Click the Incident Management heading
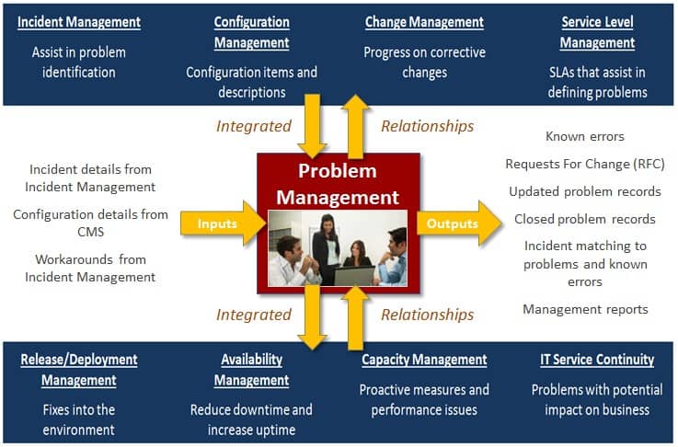click(x=79, y=22)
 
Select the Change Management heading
click(x=424, y=22)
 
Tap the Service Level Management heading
click(x=597, y=32)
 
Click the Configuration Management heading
click(x=252, y=32)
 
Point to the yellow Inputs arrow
click(x=224, y=223)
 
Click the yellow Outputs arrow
click(x=459, y=223)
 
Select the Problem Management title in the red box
click(x=338, y=184)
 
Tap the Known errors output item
click(x=584, y=137)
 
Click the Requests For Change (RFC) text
click(x=584, y=165)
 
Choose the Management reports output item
click(x=585, y=310)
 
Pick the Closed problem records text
click(x=584, y=219)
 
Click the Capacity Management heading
click(x=424, y=360)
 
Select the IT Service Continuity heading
click(x=597, y=360)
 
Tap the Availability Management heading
click(x=252, y=370)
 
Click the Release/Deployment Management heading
click(x=79, y=370)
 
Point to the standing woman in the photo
click(x=326, y=248)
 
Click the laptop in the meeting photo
click(x=354, y=276)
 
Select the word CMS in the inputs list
click(x=91, y=232)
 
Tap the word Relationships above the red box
click(x=427, y=126)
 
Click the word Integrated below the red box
click(x=254, y=315)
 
